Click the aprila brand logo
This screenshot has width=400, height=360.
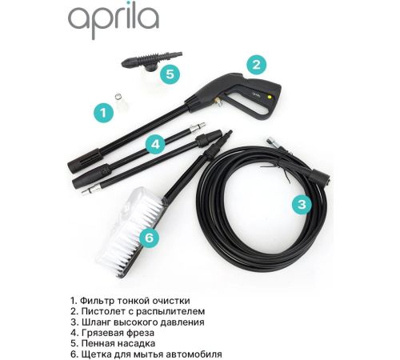(x=114, y=22)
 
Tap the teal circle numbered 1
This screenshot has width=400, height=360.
(x=103, y=113)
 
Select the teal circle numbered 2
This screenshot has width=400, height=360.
(x=256, y=65)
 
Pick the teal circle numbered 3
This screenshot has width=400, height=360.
(x=302, y=205)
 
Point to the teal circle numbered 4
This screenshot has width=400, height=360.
(x=155, y=144)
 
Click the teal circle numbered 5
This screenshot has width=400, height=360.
(x=170, y=74)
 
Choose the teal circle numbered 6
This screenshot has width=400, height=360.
(x=149, y=237)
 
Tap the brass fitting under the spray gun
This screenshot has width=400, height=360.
(x=217, y=102)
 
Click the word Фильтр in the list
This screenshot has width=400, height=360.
(x=98, y=301)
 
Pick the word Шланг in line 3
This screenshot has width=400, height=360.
(x=96, y=322)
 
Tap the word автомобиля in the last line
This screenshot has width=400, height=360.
(x=194, y=354)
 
